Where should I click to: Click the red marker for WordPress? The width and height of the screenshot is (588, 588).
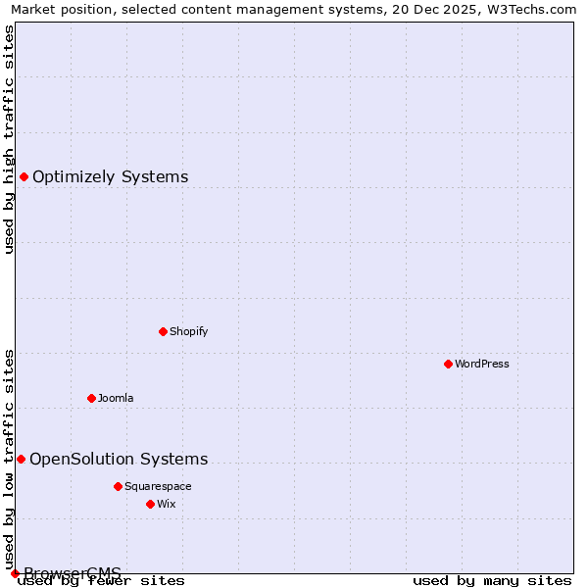coord(448,364)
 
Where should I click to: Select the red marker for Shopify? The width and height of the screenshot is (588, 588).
coord(163,331)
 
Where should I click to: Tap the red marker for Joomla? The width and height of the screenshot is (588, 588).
coord(91,398)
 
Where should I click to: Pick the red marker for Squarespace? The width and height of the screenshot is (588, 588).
coord(118,486)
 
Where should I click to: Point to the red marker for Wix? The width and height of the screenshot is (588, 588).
coord(150,504)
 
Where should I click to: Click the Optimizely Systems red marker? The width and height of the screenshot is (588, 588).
coord(24,176)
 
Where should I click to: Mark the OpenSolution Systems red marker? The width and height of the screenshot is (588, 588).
coord(21,459)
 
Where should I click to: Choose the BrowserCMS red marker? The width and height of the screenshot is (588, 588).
coord(15,573)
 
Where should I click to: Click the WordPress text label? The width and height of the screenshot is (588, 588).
coord(482,364)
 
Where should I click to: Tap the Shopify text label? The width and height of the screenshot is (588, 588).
coord(189,331)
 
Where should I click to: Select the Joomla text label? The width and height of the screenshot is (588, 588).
coord(116,398)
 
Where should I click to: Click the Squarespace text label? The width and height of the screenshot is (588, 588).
coord(158,486)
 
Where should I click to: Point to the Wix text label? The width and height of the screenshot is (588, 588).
coord(166,504)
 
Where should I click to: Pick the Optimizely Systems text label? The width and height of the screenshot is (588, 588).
coord(111,176)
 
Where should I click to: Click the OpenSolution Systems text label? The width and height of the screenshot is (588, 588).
coord(119,459)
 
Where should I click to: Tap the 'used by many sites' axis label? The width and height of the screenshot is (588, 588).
coord(492,581)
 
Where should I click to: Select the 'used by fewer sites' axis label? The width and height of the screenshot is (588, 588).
coord(101,581)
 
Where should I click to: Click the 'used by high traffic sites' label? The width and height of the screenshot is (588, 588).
coord(9,139)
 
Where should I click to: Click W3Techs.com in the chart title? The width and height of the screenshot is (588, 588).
coord(535,10)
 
